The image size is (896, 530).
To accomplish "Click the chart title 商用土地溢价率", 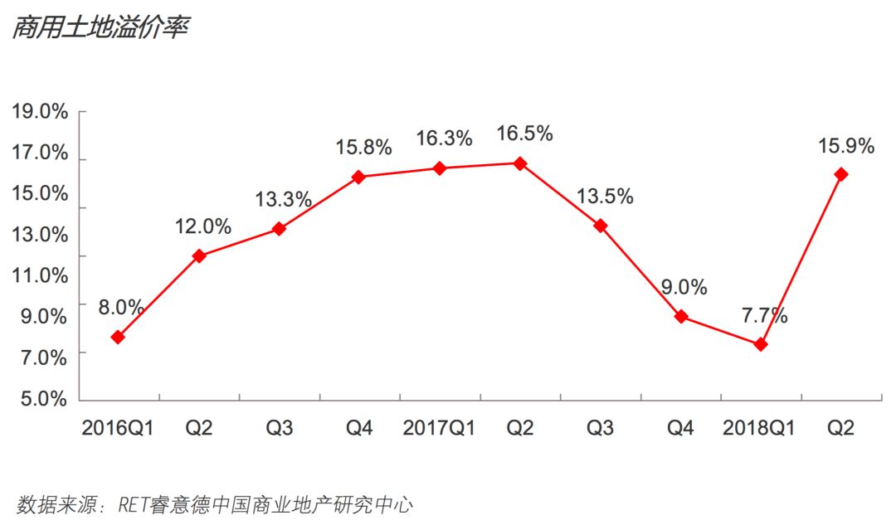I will point(100,27).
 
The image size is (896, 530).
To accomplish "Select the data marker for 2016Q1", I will point(118,338).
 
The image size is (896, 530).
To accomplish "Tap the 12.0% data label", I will point(203,226).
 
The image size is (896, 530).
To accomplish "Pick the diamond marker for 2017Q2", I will point(519,163).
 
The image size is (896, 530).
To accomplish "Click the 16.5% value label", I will point(523,134).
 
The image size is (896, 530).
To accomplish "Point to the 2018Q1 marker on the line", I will point(761,344).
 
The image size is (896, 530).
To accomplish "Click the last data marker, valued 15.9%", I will point(841,174).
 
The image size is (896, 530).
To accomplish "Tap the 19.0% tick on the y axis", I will point(40,112).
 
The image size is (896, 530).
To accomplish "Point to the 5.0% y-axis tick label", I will point(40,399).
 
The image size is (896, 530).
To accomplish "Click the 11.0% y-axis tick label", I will point(40,275).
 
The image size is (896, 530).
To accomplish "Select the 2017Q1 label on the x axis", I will point(439,428).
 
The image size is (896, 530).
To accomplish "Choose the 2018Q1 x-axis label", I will point(759,428).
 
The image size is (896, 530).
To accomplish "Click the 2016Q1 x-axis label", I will point(118,428).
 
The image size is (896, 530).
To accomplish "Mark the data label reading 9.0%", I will point(684,288).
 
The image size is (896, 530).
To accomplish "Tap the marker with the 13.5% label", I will point(600,226).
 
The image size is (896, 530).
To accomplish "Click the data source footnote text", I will point(215,504).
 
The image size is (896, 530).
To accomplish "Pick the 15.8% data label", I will point(363,148).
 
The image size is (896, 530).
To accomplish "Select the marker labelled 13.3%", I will point(279,229).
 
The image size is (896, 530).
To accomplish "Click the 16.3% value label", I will point(444,139).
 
